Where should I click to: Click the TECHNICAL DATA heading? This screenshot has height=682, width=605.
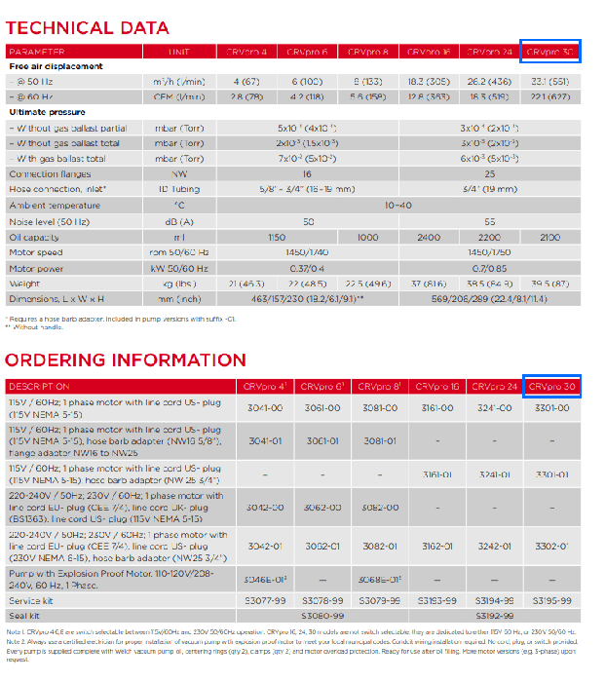click(74, 27)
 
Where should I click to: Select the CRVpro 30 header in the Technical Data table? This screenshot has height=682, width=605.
click(549, 52)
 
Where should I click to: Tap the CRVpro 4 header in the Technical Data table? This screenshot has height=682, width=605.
click(251, 52)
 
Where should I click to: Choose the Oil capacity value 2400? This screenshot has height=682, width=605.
click(429, 237)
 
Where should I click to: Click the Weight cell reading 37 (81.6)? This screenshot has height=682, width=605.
click(429, 284)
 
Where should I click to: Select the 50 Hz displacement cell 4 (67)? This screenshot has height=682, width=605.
click(251, 82)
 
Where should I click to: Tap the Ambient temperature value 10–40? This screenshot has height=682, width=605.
click(399, 206)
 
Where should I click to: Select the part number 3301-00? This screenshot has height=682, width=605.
click(551, 408)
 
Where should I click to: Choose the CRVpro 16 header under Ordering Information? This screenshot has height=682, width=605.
click(437, 387)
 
